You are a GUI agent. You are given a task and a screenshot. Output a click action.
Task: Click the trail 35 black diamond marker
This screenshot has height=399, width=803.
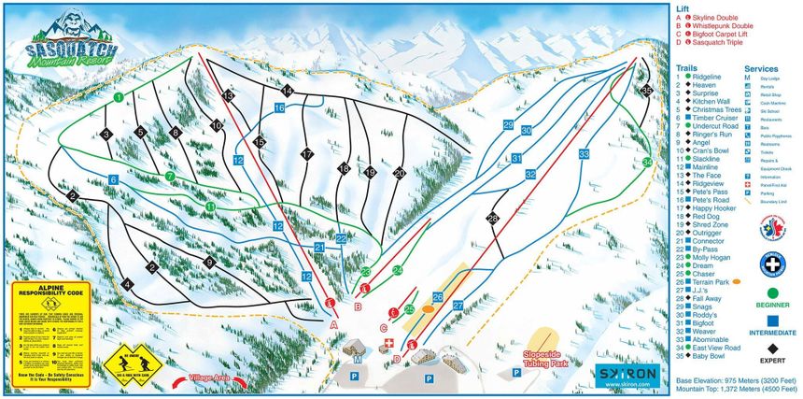648,91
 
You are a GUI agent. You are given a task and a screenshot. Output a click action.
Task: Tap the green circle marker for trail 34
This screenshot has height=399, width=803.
648,162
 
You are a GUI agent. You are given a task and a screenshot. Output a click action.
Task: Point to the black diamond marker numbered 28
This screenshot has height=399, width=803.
492,219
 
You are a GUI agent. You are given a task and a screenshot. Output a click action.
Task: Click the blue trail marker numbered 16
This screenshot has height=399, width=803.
279,108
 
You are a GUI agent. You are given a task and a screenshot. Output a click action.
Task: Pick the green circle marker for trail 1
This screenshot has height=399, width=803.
119,96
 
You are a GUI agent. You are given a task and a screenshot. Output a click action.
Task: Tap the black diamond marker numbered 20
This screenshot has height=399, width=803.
400,173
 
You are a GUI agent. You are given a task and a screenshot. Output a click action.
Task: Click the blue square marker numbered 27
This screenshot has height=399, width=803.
458,305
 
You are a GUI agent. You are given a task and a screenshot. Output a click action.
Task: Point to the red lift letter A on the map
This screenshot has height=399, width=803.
333,324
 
